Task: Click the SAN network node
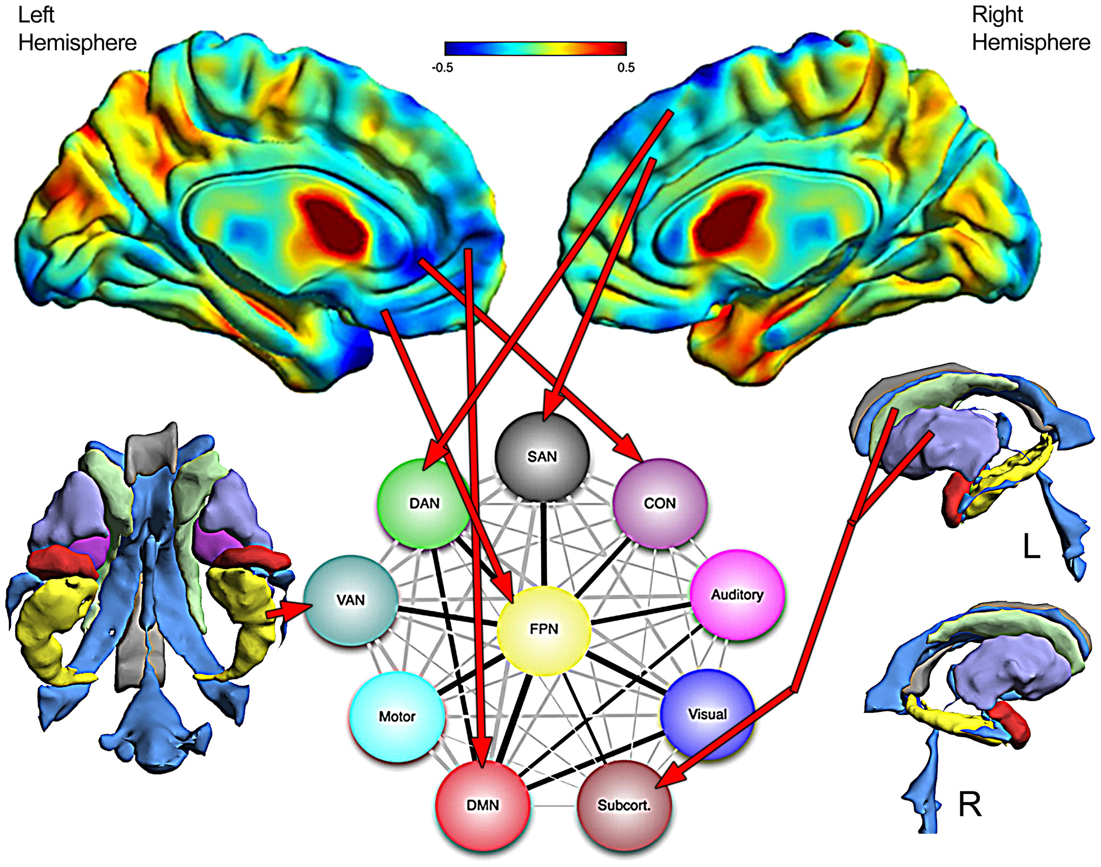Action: pos(542,457)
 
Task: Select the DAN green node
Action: pos(424,503)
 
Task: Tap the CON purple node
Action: pos(660,503)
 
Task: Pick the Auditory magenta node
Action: pos(737,595)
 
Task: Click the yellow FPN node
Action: pos(543,629)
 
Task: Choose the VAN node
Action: pos(351,600)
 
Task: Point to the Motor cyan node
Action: pos(397,717)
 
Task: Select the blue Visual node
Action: pos(707,714)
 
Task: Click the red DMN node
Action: pos(483,805)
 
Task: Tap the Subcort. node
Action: pos(624,805)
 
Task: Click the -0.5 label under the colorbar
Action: pos(442,67)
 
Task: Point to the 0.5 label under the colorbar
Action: pos(626,67)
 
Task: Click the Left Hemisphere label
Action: pos(77,29)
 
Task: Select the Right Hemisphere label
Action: pos(1030,29)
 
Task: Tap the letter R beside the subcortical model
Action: pos(969,804)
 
